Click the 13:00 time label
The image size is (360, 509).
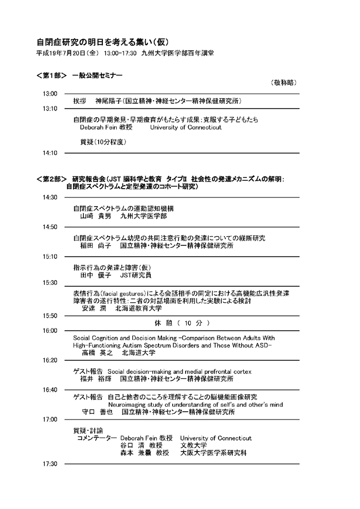coord(50,94)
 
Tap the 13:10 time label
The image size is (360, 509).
coord(50,108)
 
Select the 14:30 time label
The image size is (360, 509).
coord(50,197)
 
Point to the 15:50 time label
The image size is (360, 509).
coord(50,316)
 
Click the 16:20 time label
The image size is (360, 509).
coord(50,360)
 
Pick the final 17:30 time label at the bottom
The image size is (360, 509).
coord(50,464)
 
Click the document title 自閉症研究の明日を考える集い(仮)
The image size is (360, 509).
coord(102,42)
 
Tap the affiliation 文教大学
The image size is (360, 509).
coord(193,445)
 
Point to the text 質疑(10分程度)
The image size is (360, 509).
coord(103,142)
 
